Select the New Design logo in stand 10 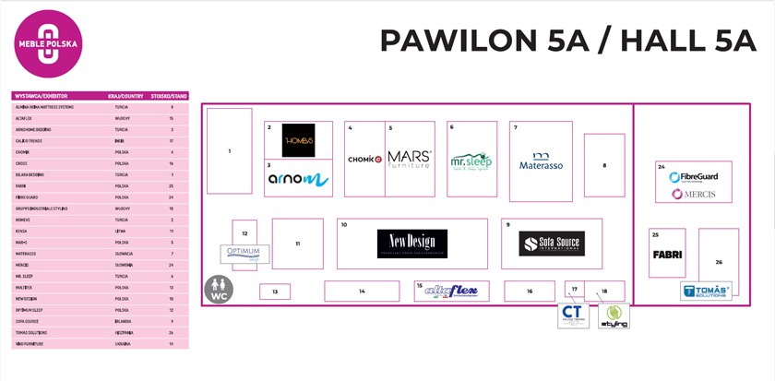411,244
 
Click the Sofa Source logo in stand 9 553,244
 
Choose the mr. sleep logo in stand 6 471,162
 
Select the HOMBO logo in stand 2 298,140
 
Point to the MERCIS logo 700,194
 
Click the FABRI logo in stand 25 667,255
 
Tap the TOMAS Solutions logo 706,292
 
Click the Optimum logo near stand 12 244,252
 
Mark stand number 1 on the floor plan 229,150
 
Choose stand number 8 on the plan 604,165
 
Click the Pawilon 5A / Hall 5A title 567,42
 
